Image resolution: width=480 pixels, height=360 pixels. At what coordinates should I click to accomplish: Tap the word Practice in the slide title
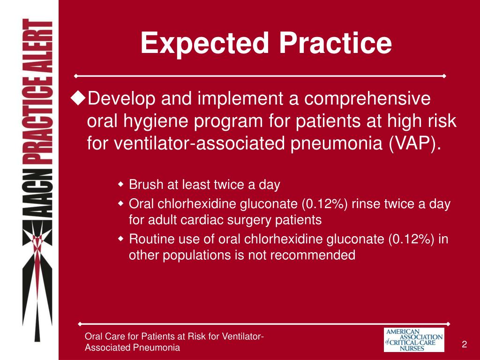336,43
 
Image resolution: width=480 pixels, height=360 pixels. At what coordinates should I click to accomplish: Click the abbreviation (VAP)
414,143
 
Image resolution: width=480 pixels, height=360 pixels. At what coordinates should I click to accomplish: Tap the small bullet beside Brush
120,185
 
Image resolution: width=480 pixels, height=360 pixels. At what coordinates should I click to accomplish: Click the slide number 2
464,345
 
